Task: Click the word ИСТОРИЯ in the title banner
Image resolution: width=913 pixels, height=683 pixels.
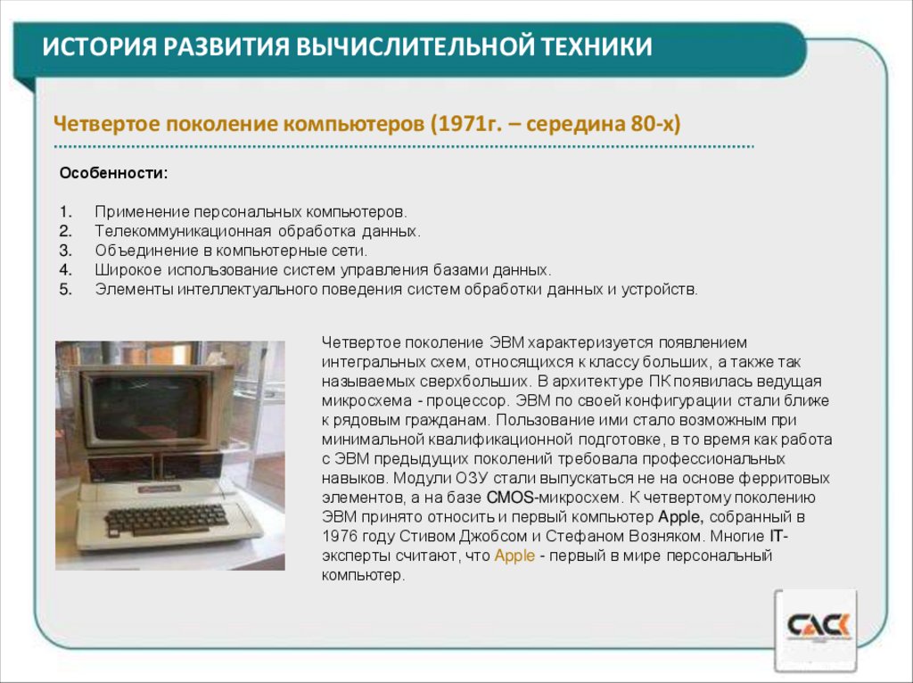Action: [95, 45]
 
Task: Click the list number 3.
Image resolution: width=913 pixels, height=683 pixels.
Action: [65, 251]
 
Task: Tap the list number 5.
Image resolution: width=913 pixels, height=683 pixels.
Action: [65, 289]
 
